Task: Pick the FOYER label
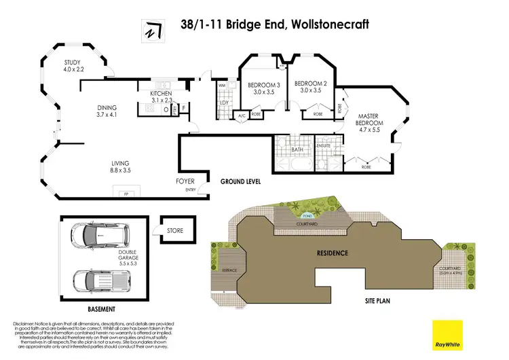(x=185, y=182)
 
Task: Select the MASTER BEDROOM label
(x=371, y=120)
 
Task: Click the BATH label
(x=297, y=149)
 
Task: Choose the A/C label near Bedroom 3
(x=241, y=115)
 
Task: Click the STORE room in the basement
(x=175, y=231)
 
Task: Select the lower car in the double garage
(x=96, y=279)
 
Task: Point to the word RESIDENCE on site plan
(x=333, y=253)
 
